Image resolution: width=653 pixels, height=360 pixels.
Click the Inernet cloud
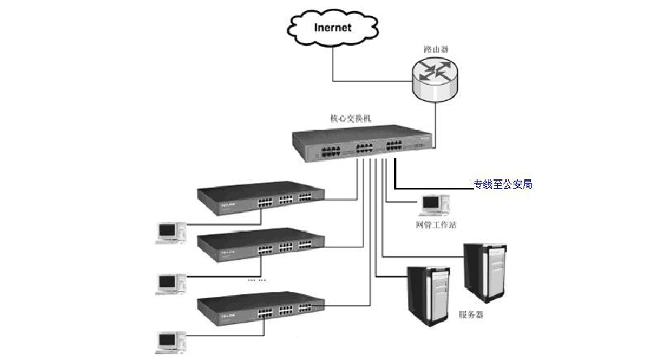point(332,29)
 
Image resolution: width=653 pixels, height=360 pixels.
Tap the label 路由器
point(436,49)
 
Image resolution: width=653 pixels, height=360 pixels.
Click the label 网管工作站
point(436,225)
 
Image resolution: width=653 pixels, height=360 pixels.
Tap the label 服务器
point(471,315)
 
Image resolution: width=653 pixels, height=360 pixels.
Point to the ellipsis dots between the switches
point(257,280)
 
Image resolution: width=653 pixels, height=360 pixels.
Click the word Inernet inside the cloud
point(332,28)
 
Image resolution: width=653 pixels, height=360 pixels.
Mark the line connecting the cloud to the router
point(366,80)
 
